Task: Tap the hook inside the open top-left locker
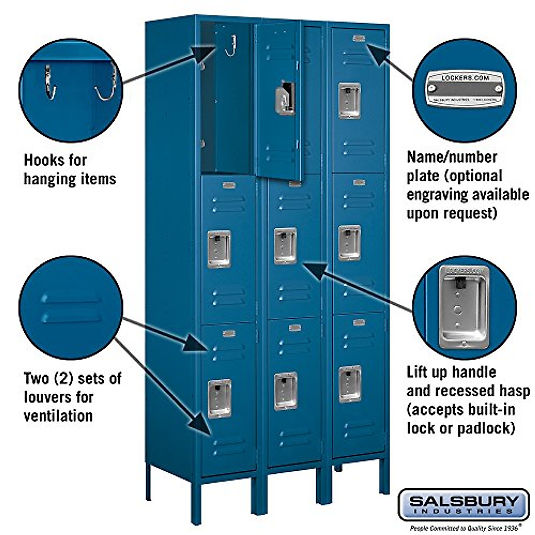pyautogui.click(x=231, y=46)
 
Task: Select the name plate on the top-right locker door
pyautogui.click(x=358, y=39)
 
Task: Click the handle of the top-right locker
pyautogui.click(x=350, y=100)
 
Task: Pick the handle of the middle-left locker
pyautogui.click(x=219, y=249)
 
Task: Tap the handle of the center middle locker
pyautogui.click(x=285, y=246)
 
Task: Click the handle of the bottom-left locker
pyautogui.click(x=220, y=398)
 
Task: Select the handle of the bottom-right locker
pyautogui.click(x=350, y=383)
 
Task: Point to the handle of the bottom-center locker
pyautogui.click(x=286, y=391)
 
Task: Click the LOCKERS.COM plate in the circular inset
pyautogui.click(x=465, y=87)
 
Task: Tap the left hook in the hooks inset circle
pyautogui.click(x=50, y=82)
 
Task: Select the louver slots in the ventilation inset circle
pyautogui.click(x=71, y=308)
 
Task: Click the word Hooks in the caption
pyautogui.click(x=43, y=160)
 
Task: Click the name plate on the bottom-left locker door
pyautogui.click(x=229, y=333)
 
